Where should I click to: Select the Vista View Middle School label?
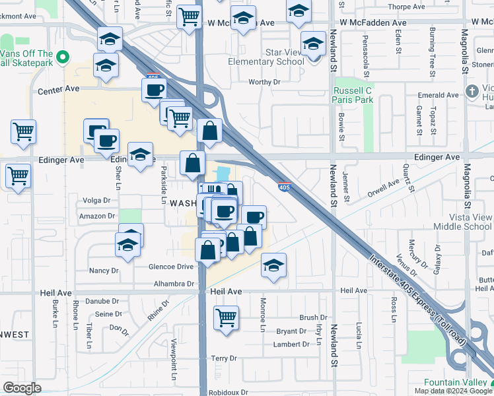[x=462, y=221]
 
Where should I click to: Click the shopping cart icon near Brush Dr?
[x=226, y=317]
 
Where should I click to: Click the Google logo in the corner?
[x=22, y=388]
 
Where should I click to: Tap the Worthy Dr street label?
[x=264, y=82]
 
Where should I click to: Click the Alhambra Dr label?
[x=174, y=283]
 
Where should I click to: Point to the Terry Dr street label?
[x=224, y=358]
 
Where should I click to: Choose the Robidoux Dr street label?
[x=226, y=391]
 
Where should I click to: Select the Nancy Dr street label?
[x=104, y=271]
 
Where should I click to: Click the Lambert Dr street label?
[x=292, y=345]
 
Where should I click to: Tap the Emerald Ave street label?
[x=438, y=95]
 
